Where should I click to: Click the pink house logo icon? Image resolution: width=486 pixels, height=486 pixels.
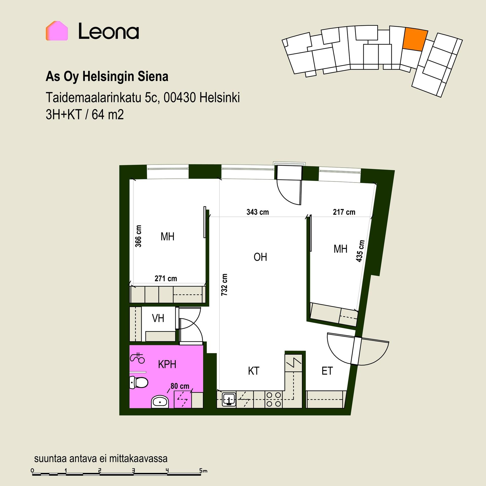(57, 31)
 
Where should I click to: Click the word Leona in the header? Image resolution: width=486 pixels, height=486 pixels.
(109, 31)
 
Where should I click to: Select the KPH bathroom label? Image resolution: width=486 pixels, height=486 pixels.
(167, 364)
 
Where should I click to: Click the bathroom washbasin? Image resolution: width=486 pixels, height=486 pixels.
(160, 402)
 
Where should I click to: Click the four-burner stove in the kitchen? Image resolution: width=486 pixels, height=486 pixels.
(274, 399)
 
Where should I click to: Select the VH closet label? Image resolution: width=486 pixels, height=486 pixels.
(158, 318)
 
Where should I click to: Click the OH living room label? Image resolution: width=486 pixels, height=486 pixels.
(260, 257)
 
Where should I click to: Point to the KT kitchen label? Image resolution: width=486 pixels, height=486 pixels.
(254, 371)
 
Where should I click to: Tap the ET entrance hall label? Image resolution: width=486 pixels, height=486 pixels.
(327, 371)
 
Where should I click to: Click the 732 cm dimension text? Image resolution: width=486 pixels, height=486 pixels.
(224, 285)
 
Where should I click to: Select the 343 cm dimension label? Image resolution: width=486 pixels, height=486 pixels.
(258, 212)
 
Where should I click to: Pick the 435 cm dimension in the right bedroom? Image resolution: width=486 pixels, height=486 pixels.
(360, 251)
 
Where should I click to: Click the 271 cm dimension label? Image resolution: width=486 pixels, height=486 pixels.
(166, 279)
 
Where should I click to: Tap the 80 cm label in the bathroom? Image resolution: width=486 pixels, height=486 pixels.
(180, 386)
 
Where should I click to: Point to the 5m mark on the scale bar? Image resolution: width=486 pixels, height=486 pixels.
(203, 471)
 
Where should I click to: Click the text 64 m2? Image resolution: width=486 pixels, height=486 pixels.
(108, 115)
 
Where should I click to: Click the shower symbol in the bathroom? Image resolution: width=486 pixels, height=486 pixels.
(137, 357)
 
